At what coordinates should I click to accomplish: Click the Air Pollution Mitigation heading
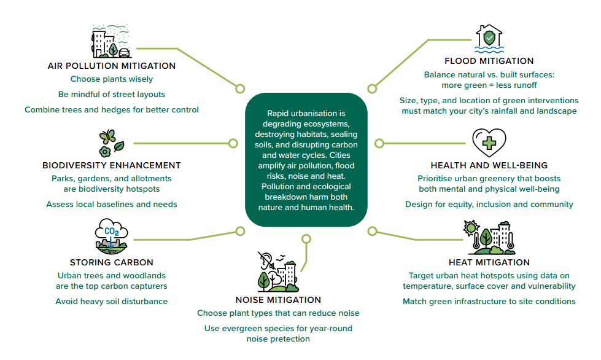pyautogui.click(x=112, y=66)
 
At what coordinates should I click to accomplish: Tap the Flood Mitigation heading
pyautogui.click(x=489, y=61)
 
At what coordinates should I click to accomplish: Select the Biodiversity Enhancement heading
pyautogui.click(x=112, y=165)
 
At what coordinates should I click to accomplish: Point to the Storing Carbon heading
pyautogui.click(x=112, y=262)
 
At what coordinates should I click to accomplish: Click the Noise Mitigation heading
pyautogui.click(x=278, y=300)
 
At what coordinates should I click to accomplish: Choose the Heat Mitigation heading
pyautogui.click(x=489, y=262)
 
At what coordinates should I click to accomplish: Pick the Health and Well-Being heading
pyautogui.click(x=489, y=165)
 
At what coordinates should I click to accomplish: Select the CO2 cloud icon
pyautogui.click(x=111, y=232)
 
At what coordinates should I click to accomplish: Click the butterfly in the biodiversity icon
pyautogui.click(x=107, y=136)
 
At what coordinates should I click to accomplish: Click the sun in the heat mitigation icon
pyautogui.click(x=472, y=225)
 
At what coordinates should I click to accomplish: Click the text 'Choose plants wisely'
pyautogui.click(x=112, y=79)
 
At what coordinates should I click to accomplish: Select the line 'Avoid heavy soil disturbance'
pyautogui.click(x=112, y=302)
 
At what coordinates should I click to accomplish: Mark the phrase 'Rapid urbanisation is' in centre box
pyautogui.click(x=306, y=114)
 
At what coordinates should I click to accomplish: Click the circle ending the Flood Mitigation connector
pyautogui.click(x=371, y=88)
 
